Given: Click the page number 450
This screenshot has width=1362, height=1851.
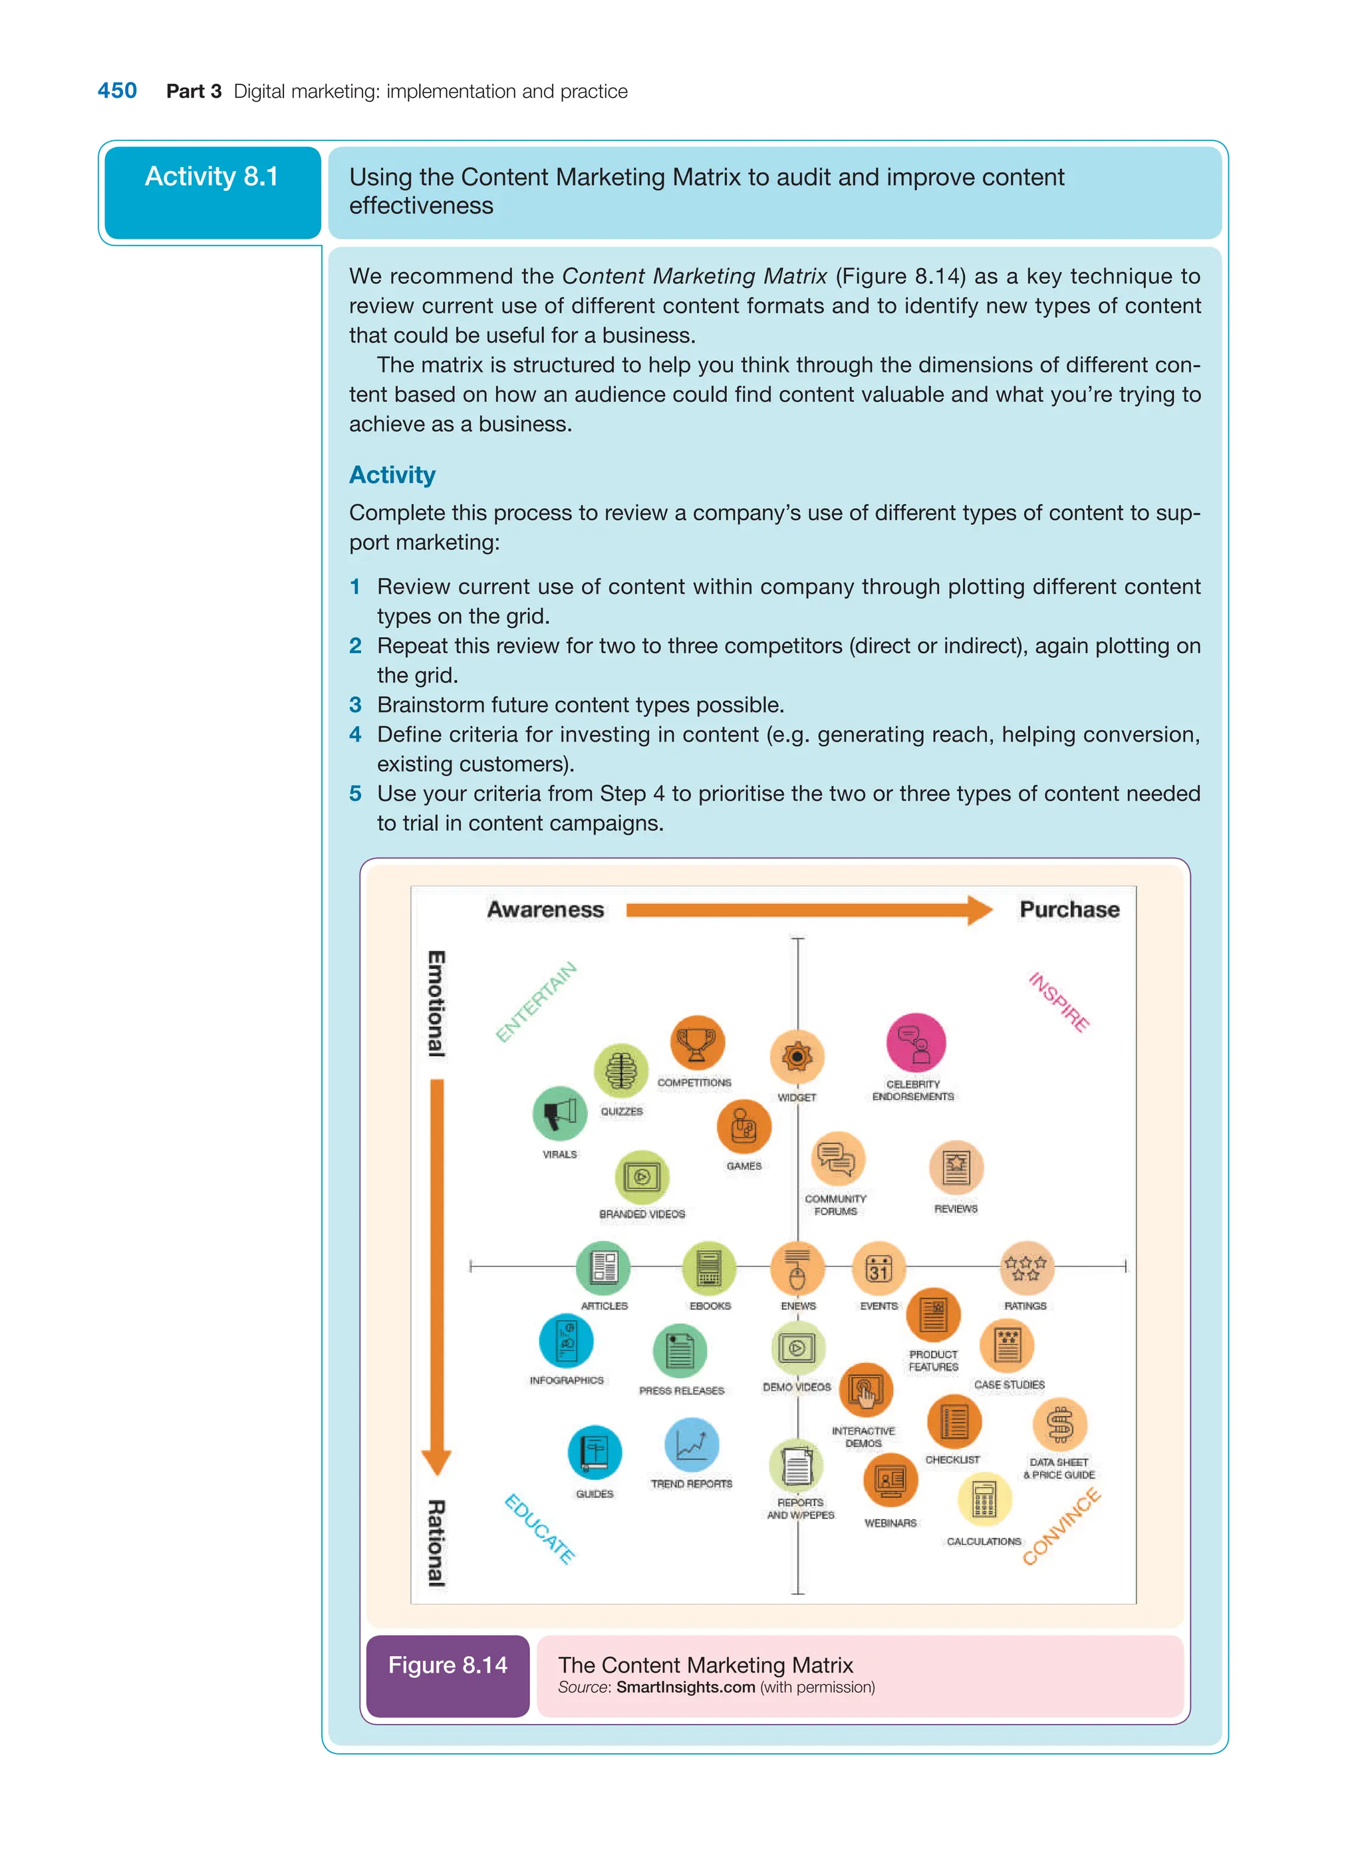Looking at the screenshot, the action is [117, 90].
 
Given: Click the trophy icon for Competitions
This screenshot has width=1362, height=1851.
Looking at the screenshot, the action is [697, 1043].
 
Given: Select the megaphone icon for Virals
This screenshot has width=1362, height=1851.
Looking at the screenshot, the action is [560, 1113].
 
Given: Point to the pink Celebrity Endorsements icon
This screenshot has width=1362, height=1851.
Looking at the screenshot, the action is [915, 1043].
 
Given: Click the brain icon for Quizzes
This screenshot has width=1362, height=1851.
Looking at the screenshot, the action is [621, 1070].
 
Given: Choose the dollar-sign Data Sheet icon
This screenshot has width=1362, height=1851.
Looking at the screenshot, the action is [1059, 1424].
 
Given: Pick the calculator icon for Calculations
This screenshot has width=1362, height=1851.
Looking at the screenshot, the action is [984, 1500].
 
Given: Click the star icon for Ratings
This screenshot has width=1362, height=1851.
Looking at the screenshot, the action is [1025, 1267].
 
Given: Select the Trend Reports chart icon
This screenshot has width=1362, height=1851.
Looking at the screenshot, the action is [691, 1445].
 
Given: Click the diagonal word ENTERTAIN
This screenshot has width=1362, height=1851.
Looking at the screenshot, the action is [536, 1002].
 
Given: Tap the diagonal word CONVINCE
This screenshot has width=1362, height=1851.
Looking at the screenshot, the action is [1061, 1526].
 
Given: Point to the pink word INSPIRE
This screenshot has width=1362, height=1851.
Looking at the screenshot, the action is [1059, 1002].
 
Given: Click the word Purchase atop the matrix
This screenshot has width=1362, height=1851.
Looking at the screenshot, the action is [1069, 909].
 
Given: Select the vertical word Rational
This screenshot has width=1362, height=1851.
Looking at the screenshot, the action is [436, 1542].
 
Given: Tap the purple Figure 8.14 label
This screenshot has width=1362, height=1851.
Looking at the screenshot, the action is [448, 1665].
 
